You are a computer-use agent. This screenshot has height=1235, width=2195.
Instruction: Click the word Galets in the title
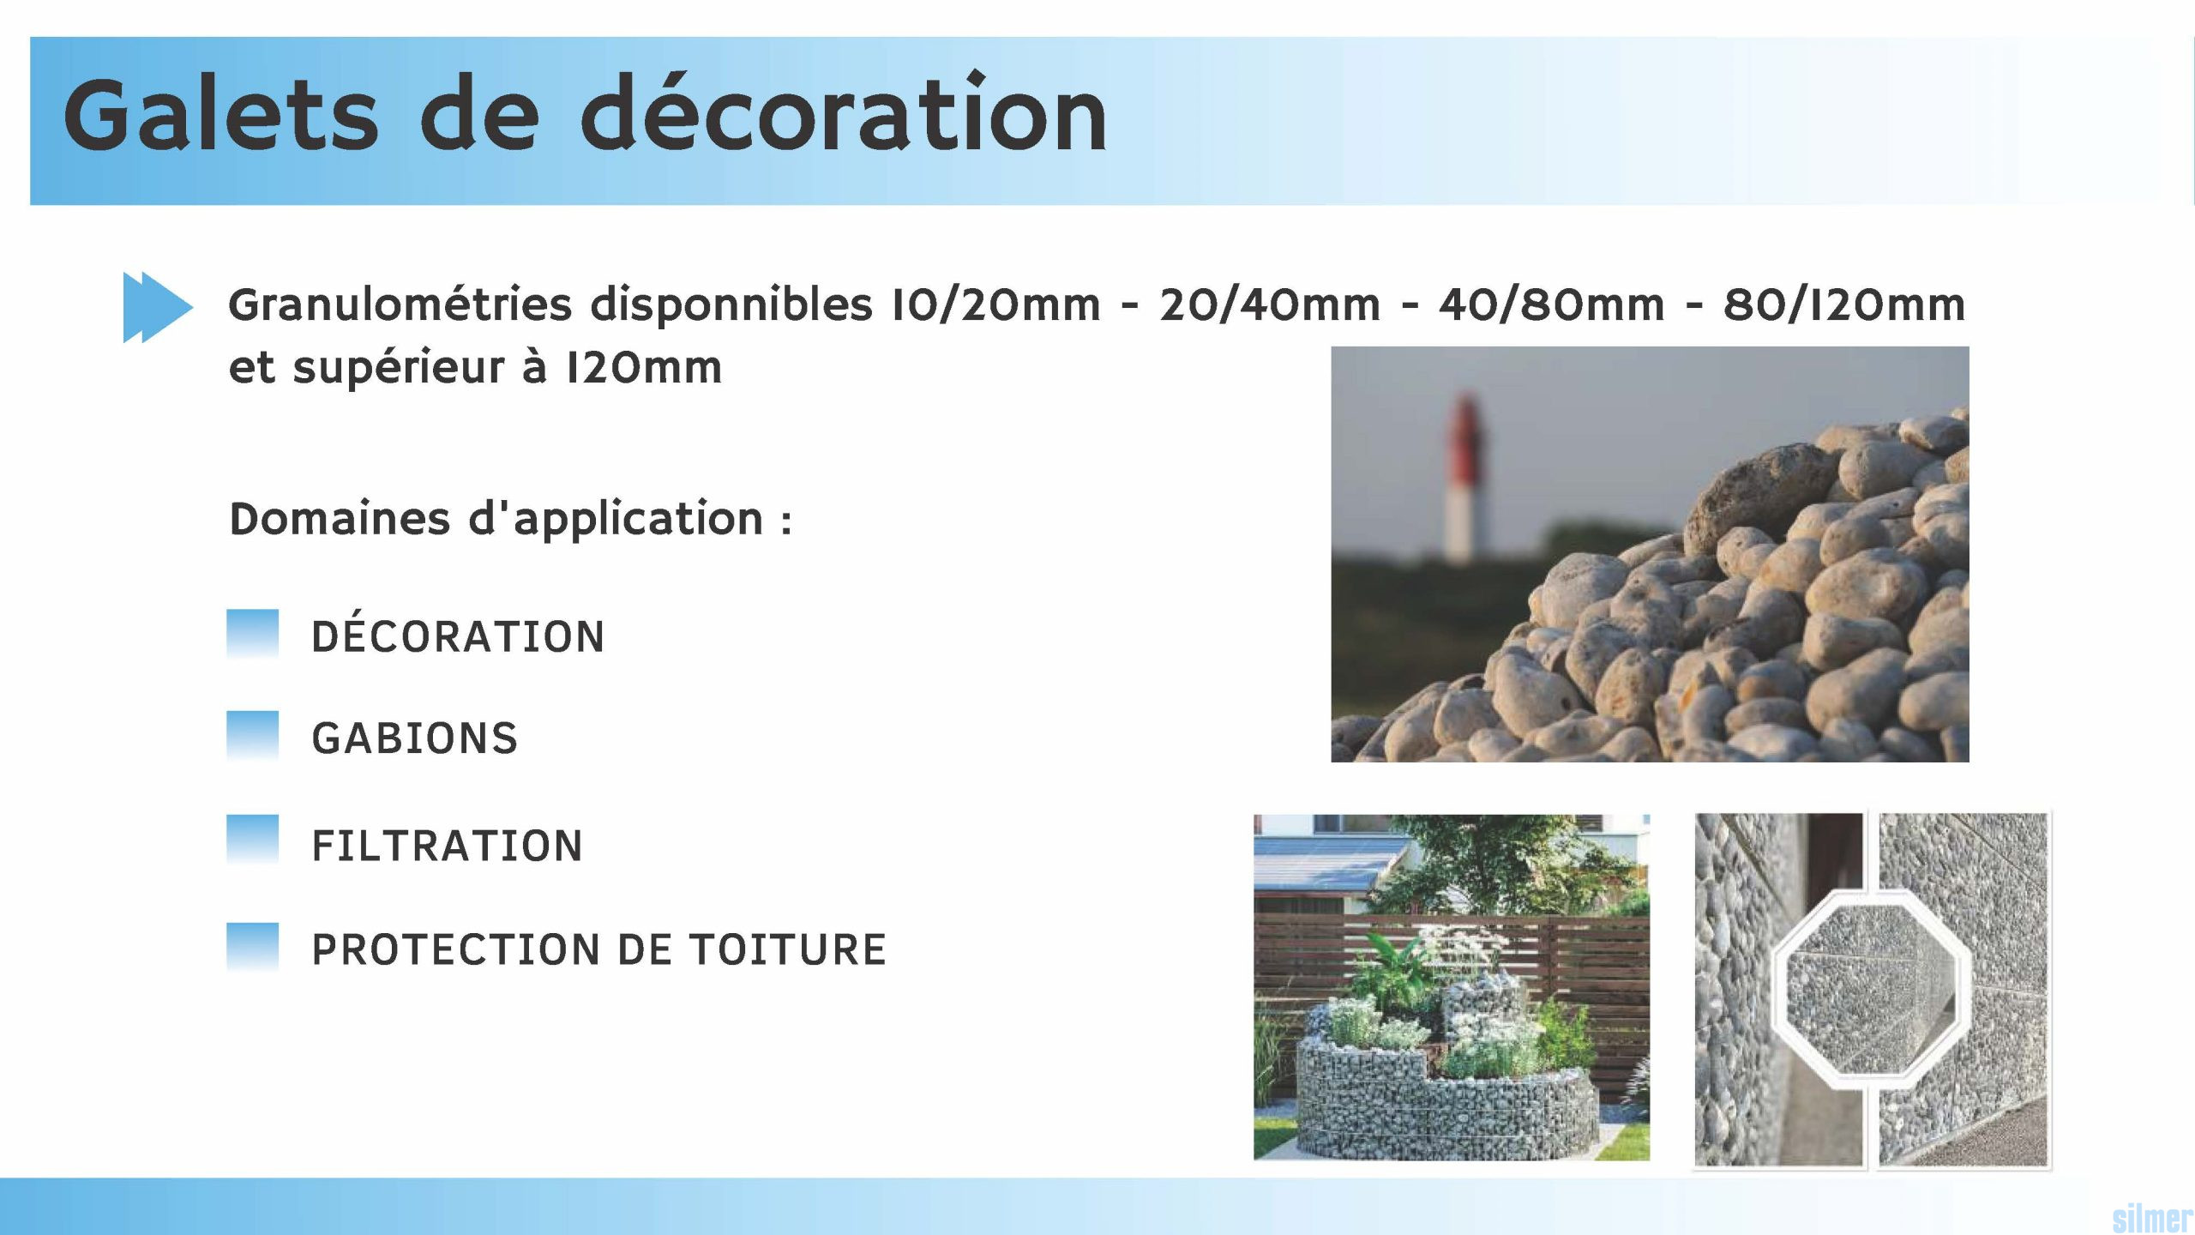[220, 116]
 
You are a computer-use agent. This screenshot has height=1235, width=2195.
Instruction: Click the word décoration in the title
[844, 116]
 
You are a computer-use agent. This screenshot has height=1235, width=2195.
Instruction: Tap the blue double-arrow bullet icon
[158, 307]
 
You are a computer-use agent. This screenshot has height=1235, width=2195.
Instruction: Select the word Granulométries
[400, 304]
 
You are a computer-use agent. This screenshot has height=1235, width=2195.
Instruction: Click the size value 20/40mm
[1269, 304]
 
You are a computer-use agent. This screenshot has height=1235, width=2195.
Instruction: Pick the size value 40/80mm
[1551, 304]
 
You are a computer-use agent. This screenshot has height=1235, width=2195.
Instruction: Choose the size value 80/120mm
[1843, 304]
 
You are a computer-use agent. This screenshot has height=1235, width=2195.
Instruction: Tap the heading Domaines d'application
[510, 519]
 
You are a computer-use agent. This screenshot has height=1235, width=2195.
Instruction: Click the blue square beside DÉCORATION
[253, 633]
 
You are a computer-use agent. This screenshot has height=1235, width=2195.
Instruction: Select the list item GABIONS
[415, 738]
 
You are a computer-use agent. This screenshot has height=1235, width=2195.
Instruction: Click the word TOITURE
[788, 949]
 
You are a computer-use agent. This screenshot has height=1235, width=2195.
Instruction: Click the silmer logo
[2151, 1218]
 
